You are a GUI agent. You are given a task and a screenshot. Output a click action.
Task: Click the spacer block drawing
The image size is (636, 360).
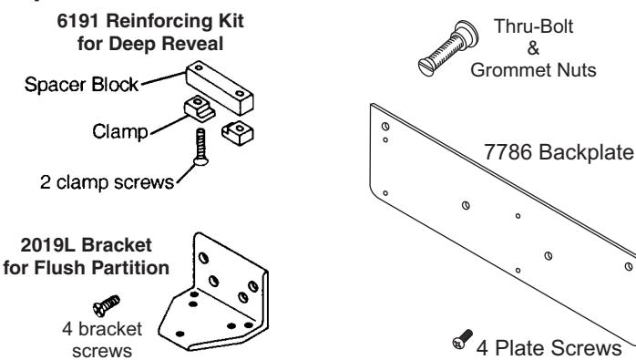pos(220,87)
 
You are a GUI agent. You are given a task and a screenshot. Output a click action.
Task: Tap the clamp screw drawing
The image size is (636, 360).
pos(200,147)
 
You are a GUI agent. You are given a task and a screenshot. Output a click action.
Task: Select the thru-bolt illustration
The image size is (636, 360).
pos(448,48)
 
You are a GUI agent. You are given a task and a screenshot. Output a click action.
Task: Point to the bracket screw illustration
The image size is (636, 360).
pos(107,305)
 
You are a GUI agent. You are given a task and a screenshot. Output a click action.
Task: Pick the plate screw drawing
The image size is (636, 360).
pos(462,339)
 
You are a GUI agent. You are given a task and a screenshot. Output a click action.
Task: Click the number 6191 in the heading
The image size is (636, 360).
pos(77,21)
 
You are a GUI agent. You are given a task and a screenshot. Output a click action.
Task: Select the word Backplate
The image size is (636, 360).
pos(586,152)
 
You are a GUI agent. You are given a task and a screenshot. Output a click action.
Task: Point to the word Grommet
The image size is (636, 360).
pos(511,70)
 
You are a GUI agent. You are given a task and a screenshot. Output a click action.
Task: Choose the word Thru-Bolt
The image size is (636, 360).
pos(533,26)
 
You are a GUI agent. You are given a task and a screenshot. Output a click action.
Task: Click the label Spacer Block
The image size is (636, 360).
pos(81,85)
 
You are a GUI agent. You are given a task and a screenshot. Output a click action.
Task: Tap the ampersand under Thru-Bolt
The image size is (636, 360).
pos(533,48)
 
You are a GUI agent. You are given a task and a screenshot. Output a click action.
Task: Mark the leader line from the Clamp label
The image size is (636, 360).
pos(170,125)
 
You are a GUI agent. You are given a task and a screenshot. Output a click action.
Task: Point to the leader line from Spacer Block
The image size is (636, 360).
pos(163,78)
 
